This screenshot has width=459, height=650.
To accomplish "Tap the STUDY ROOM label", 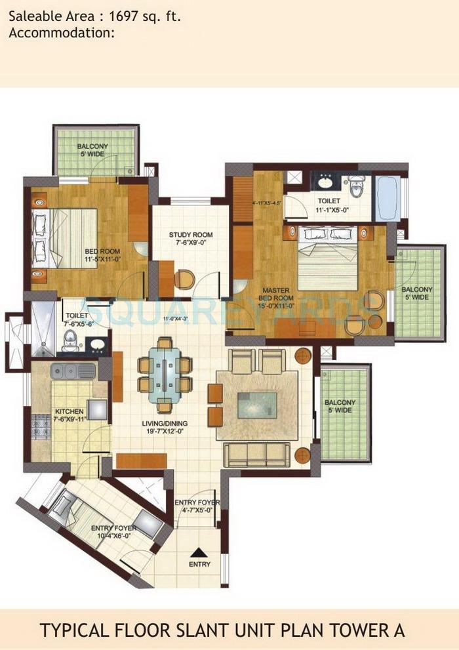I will click(x=191, y=235).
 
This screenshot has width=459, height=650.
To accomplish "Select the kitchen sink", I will click(x=73, y=371).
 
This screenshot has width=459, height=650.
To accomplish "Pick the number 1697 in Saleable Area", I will click(x=114, y=18).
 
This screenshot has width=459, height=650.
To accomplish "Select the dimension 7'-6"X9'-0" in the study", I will click(x=191, y=243).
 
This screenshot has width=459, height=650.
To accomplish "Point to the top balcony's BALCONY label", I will click(x=92, y=146).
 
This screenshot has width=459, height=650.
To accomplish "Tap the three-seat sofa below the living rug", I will click(x=256, y=454).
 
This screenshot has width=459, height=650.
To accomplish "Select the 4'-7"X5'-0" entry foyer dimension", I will click(x=198, y=512).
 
